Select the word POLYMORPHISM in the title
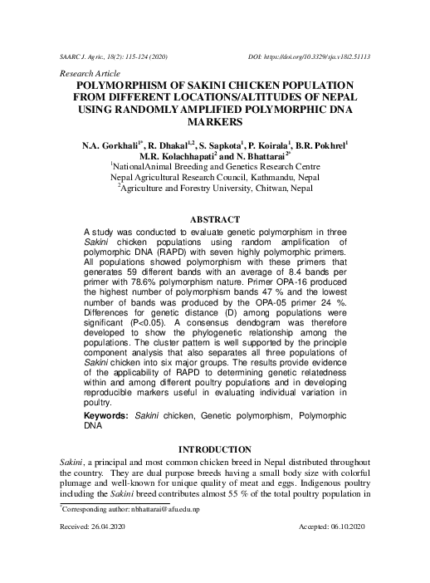coord(125,86)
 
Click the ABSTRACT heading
coord(215,219)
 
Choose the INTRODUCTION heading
coord(215,448)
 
